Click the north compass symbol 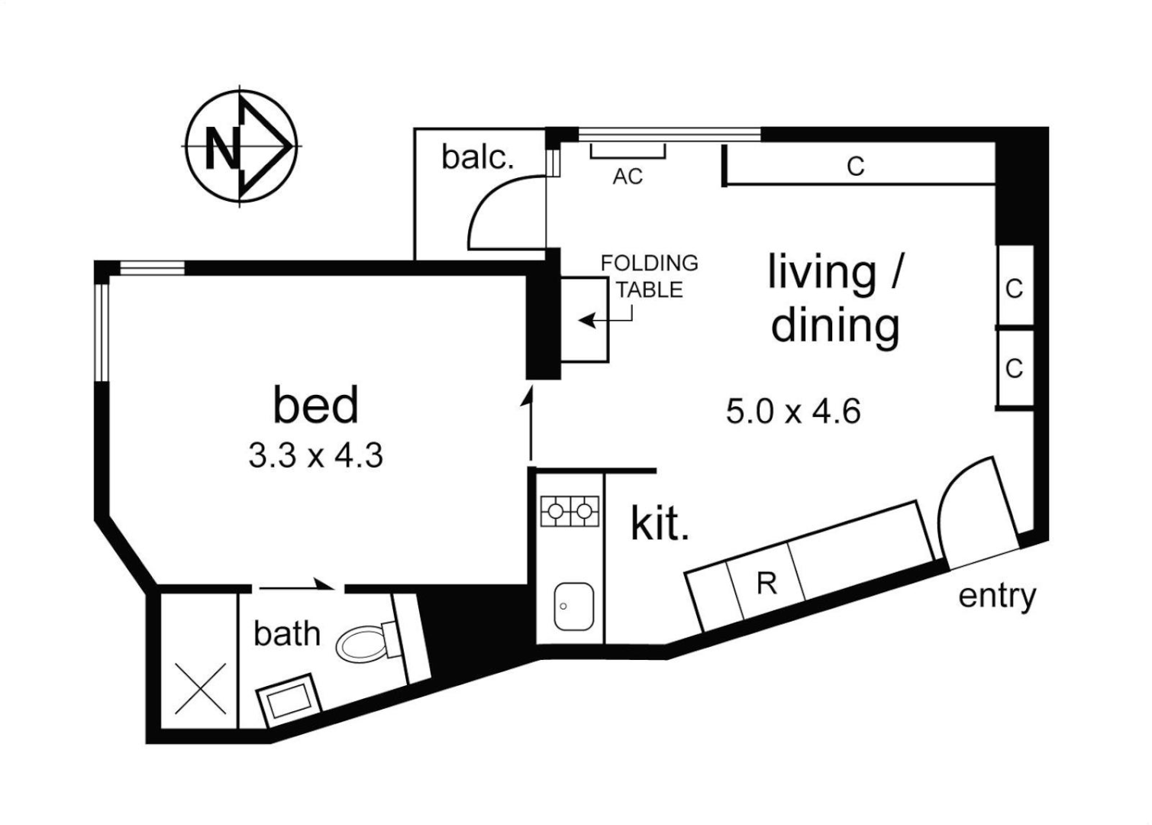click(x=240, y=145)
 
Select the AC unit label click(x=628, y=176)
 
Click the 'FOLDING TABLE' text click(x=649, y=276)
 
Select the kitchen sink click(x=573, y=606)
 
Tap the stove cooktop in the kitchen click(x=570, y=510)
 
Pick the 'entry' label click(x=997, y=596)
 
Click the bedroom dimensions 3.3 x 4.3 click(x=315, y=456)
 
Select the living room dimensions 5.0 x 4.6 click(x=793, y=412)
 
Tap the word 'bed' click(x=315, y=405)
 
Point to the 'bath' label click(x=286, y=633)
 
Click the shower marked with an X click(x=201, y=687)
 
